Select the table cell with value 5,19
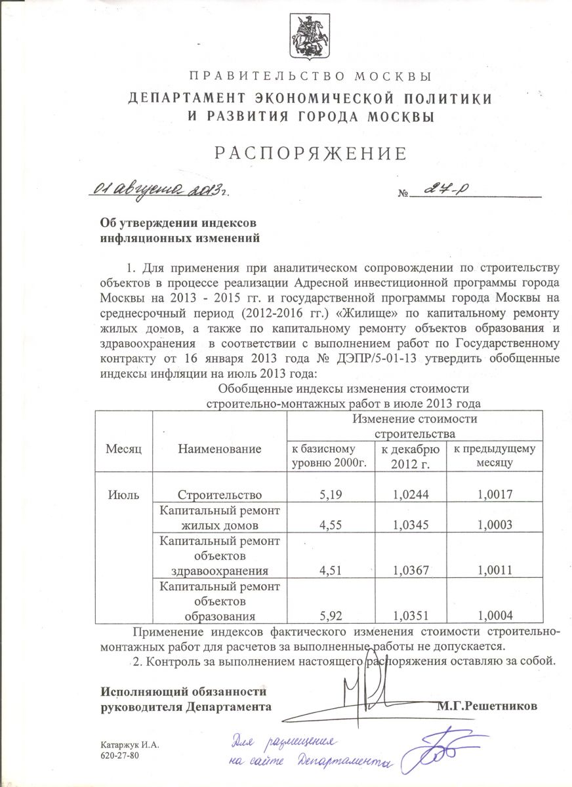[x=327, y=495]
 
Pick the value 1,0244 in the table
[x=411, y=495]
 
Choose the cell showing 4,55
[x=327, y=525]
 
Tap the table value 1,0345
[x=411, y=525]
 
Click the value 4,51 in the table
[x=327, y=570]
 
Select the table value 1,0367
[x=411, y=570]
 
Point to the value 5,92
[x=327, y=615]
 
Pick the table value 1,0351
[x=411, y=615]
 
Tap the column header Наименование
[x=219, y=449]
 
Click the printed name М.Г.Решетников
[x=487, y=707]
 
